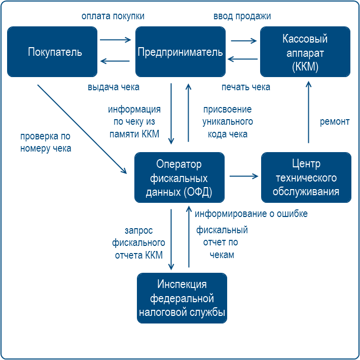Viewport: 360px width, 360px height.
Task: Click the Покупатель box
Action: point(52,52)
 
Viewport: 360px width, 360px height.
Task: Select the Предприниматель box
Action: point(180,52)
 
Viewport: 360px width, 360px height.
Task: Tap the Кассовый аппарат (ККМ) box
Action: point(305,52)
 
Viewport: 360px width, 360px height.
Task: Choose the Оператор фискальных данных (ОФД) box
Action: point(179,178)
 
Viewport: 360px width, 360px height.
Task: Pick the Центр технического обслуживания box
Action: point(306,178)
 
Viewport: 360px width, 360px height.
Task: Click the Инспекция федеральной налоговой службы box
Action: point(182,298)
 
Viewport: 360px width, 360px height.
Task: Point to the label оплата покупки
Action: point(113,16)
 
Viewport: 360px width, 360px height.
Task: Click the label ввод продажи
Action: point(242,16)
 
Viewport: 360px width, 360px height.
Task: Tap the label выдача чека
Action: point(114,87)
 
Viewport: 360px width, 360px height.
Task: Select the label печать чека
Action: point(246,87)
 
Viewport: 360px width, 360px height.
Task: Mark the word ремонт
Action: point(335,122)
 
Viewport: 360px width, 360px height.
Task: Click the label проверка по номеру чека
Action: point(46,142)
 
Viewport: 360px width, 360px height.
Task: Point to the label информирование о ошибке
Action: point(251,213)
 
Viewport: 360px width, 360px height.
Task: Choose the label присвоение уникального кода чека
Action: point(227,122)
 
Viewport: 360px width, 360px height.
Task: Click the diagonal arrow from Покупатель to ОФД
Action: point(81,129)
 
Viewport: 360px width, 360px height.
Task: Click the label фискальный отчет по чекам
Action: point(222,242)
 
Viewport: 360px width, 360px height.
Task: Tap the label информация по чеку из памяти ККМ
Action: point(134,122)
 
